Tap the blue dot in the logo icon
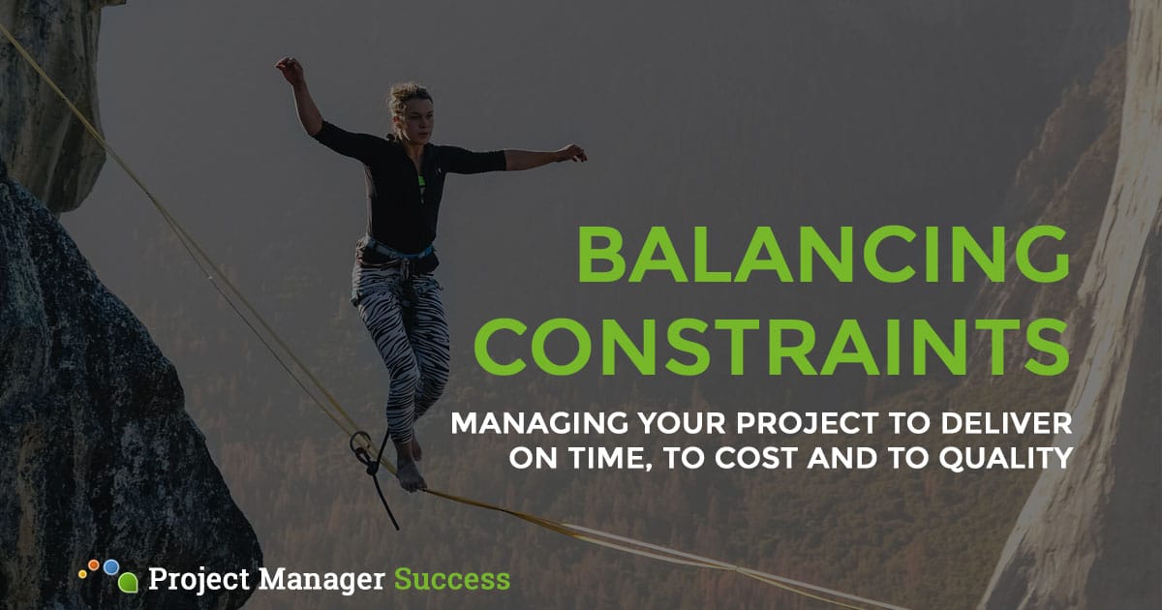click(111, 565)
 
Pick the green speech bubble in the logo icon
click(127, 583)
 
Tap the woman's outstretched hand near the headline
click(573, 152)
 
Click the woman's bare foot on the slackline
click(412, 477)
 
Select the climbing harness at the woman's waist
click(397, 255)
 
